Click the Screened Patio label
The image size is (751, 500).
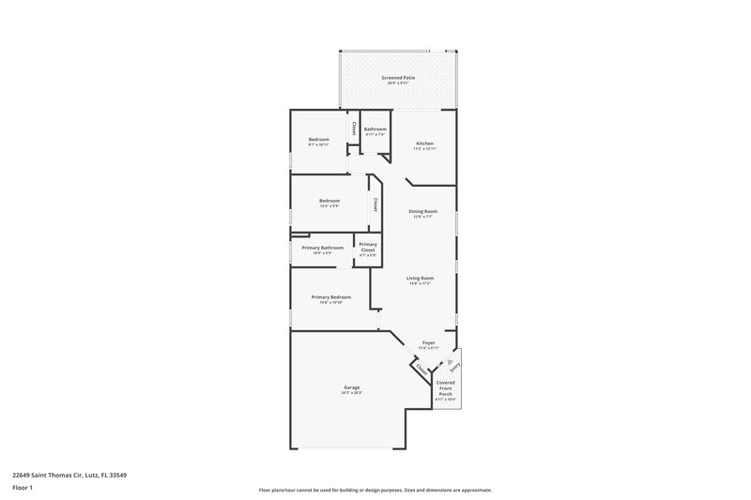(398, 77)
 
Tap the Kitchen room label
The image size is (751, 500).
(424, 144)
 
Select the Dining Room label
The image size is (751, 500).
(423, 211)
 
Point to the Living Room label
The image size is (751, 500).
(420, 278)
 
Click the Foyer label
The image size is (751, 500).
(428, 343)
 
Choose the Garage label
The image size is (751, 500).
(352, 387)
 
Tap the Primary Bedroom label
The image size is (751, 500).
(330, 297)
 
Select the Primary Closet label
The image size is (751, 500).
(368, 248)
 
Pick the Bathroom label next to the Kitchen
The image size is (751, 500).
(375, 129)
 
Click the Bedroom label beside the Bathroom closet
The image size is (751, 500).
(319, 140)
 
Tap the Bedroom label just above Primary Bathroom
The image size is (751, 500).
(329, 200)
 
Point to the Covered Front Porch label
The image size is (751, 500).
(445, 388)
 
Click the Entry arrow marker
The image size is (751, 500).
(451, 359)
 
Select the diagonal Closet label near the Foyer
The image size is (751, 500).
(421, 370)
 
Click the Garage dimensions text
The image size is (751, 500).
(352, 392)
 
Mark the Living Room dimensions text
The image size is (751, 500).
(420, 282)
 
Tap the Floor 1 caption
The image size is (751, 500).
(23, 489)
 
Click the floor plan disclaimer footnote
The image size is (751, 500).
(375, 490)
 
